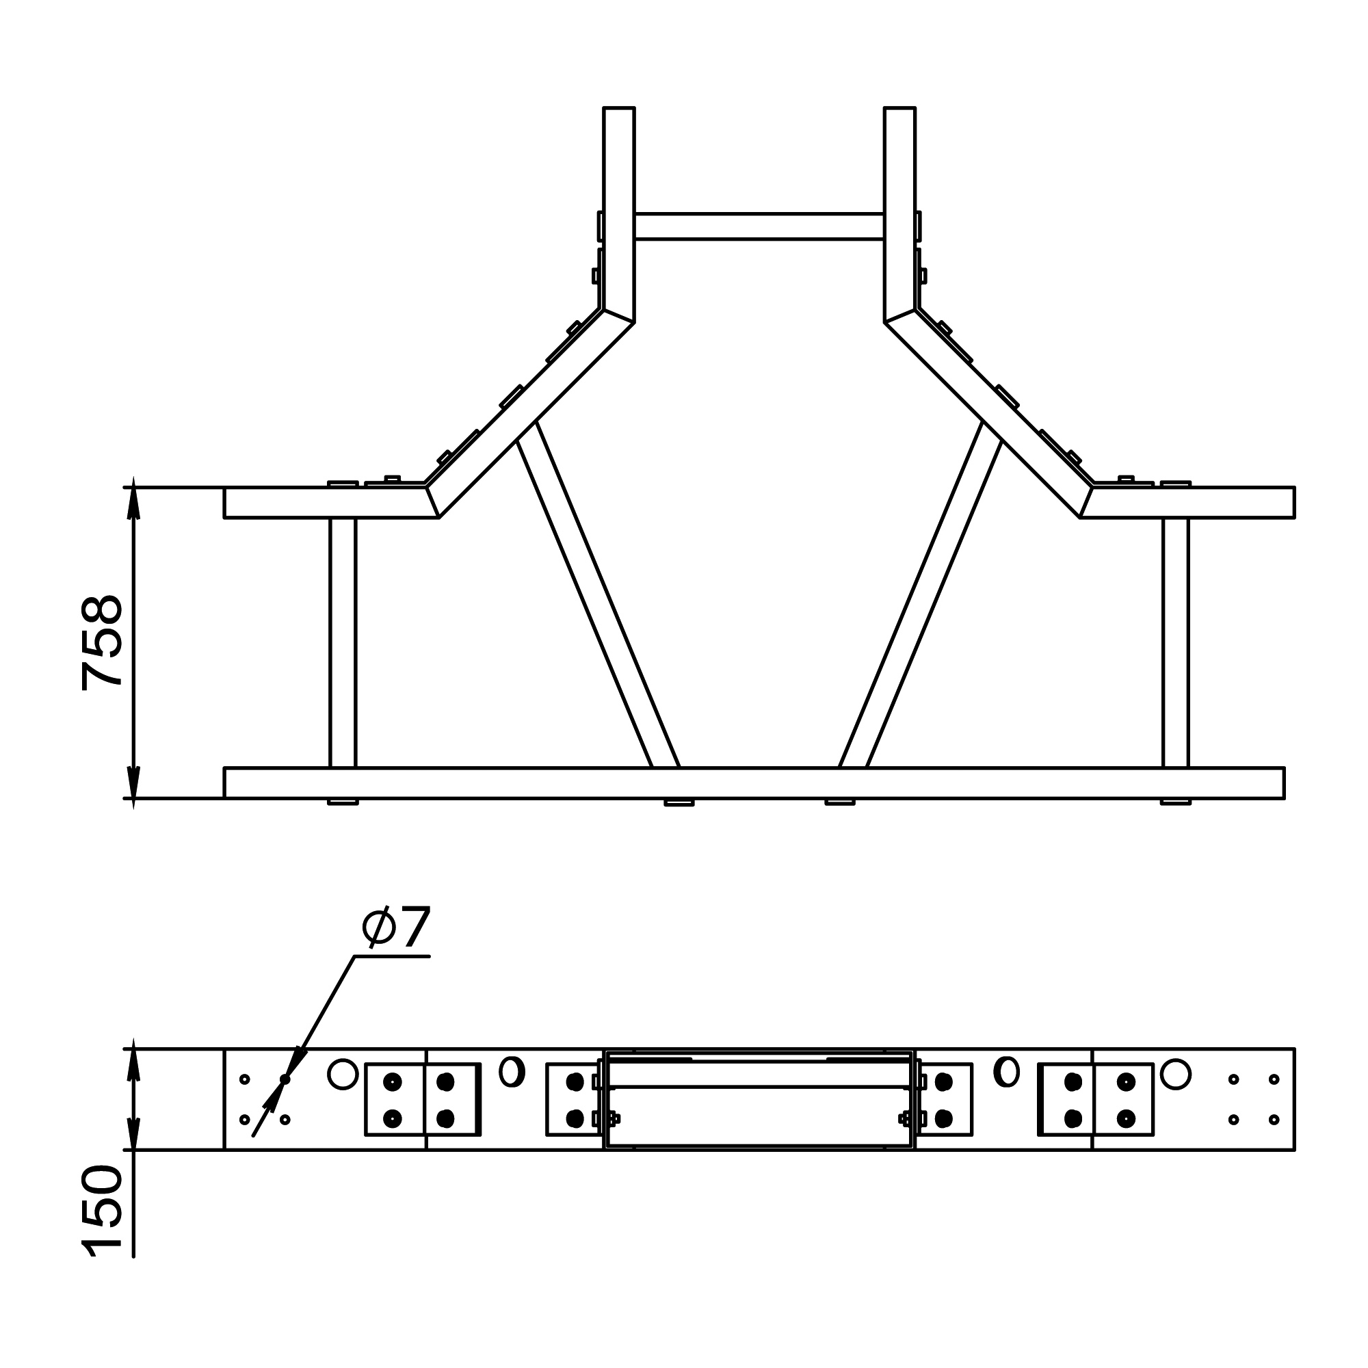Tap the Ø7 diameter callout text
tap(396, 928)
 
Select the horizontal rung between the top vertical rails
tap(759, 226)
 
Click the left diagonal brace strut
tap(598, 595)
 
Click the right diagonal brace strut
tap(921, 595)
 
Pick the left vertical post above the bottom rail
tap(343, 642)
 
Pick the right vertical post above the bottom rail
tap(1175, 642)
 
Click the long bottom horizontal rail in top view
tap(754, 782)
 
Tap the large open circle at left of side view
tap(343, 1074)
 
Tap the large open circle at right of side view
tap(1175, 1074)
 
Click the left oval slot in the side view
tap(512, 1071)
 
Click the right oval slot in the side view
tap(1006, 1071)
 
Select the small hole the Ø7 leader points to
tap(285, 1079)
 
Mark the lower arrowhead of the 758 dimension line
tap(133, 782)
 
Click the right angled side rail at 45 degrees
tap(988, 410)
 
